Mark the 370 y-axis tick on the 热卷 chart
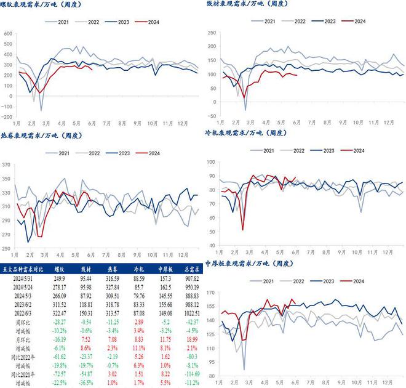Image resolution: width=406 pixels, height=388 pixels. coord(7,165)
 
